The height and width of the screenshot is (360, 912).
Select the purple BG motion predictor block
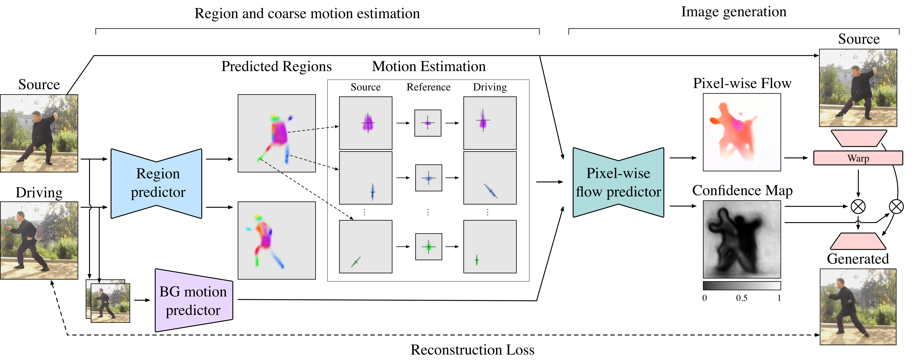pos(193,300)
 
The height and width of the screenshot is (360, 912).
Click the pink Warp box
pos(858,158)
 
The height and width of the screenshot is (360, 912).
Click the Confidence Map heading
pos(742,190)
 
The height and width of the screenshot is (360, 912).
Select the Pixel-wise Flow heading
pos(742,83)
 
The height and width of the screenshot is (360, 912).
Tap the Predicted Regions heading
pos(277,67)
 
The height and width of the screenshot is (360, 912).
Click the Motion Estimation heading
pos(429,67)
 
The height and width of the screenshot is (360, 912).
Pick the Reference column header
pos(428,87)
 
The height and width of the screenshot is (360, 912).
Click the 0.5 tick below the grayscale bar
pos(742,298)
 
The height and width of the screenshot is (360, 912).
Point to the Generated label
pos(858,259)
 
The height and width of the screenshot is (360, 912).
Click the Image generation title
pos(734,12)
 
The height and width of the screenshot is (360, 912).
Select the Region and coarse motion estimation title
pos(307,13)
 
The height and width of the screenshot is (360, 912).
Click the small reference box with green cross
pos(428,247)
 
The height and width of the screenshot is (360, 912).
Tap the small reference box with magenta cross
pos(428,123)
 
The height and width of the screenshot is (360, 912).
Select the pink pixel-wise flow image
pos(742,132)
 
